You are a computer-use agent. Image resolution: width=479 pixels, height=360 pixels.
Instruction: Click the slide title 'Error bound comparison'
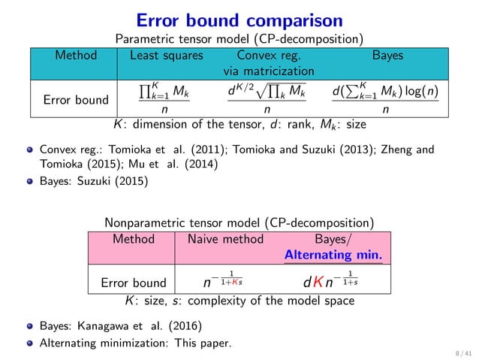click(x=239, y=17)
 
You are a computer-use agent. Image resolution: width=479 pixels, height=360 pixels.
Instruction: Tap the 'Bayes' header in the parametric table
click(x=387, y=56)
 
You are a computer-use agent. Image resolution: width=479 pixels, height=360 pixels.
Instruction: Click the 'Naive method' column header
click(x=219, y=239)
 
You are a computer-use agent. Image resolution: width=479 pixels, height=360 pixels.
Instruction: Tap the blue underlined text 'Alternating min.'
click(x=333, y=256)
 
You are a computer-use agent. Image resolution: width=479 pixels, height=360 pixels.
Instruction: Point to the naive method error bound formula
click(x=218, y=282)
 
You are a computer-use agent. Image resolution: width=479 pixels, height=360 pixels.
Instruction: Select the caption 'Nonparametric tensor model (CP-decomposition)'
click(x=239, y=222)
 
